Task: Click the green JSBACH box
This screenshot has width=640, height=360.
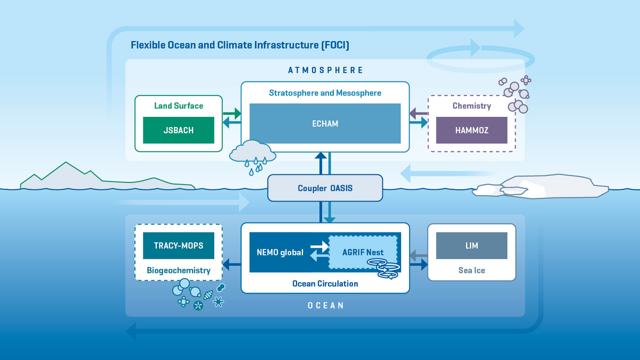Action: (178, 130)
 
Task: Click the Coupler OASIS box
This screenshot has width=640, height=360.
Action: (325, 188)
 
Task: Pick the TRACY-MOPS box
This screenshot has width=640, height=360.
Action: (178, 246)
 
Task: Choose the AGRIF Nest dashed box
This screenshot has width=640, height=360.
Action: (363, 252)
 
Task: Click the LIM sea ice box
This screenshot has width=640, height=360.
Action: (471, 246)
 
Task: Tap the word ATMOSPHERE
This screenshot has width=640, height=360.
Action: (325, 70)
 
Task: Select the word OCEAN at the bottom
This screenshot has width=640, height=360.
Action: (325, 306)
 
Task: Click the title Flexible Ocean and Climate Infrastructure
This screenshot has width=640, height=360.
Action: (240, 45)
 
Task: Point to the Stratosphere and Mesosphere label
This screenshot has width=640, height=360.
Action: (325, 93)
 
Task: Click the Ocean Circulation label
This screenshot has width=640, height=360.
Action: (325, 284)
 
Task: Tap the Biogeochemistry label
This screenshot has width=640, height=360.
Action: (178, 270)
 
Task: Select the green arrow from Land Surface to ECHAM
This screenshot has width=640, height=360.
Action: (231, 114)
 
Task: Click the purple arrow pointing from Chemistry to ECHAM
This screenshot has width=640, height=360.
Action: (419, 114)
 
